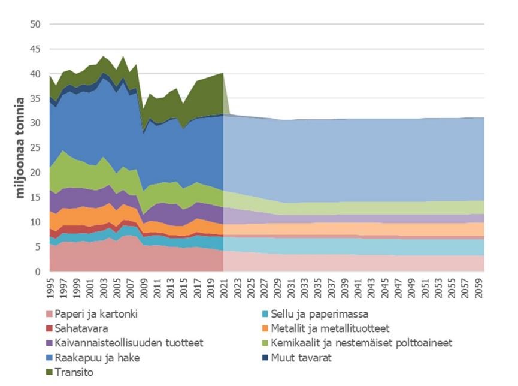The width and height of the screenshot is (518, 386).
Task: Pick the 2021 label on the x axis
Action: tap(222, 287)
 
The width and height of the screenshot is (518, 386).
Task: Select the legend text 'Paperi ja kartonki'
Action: tap(96, 313)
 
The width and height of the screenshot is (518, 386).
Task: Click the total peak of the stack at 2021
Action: tap(222, 73)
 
